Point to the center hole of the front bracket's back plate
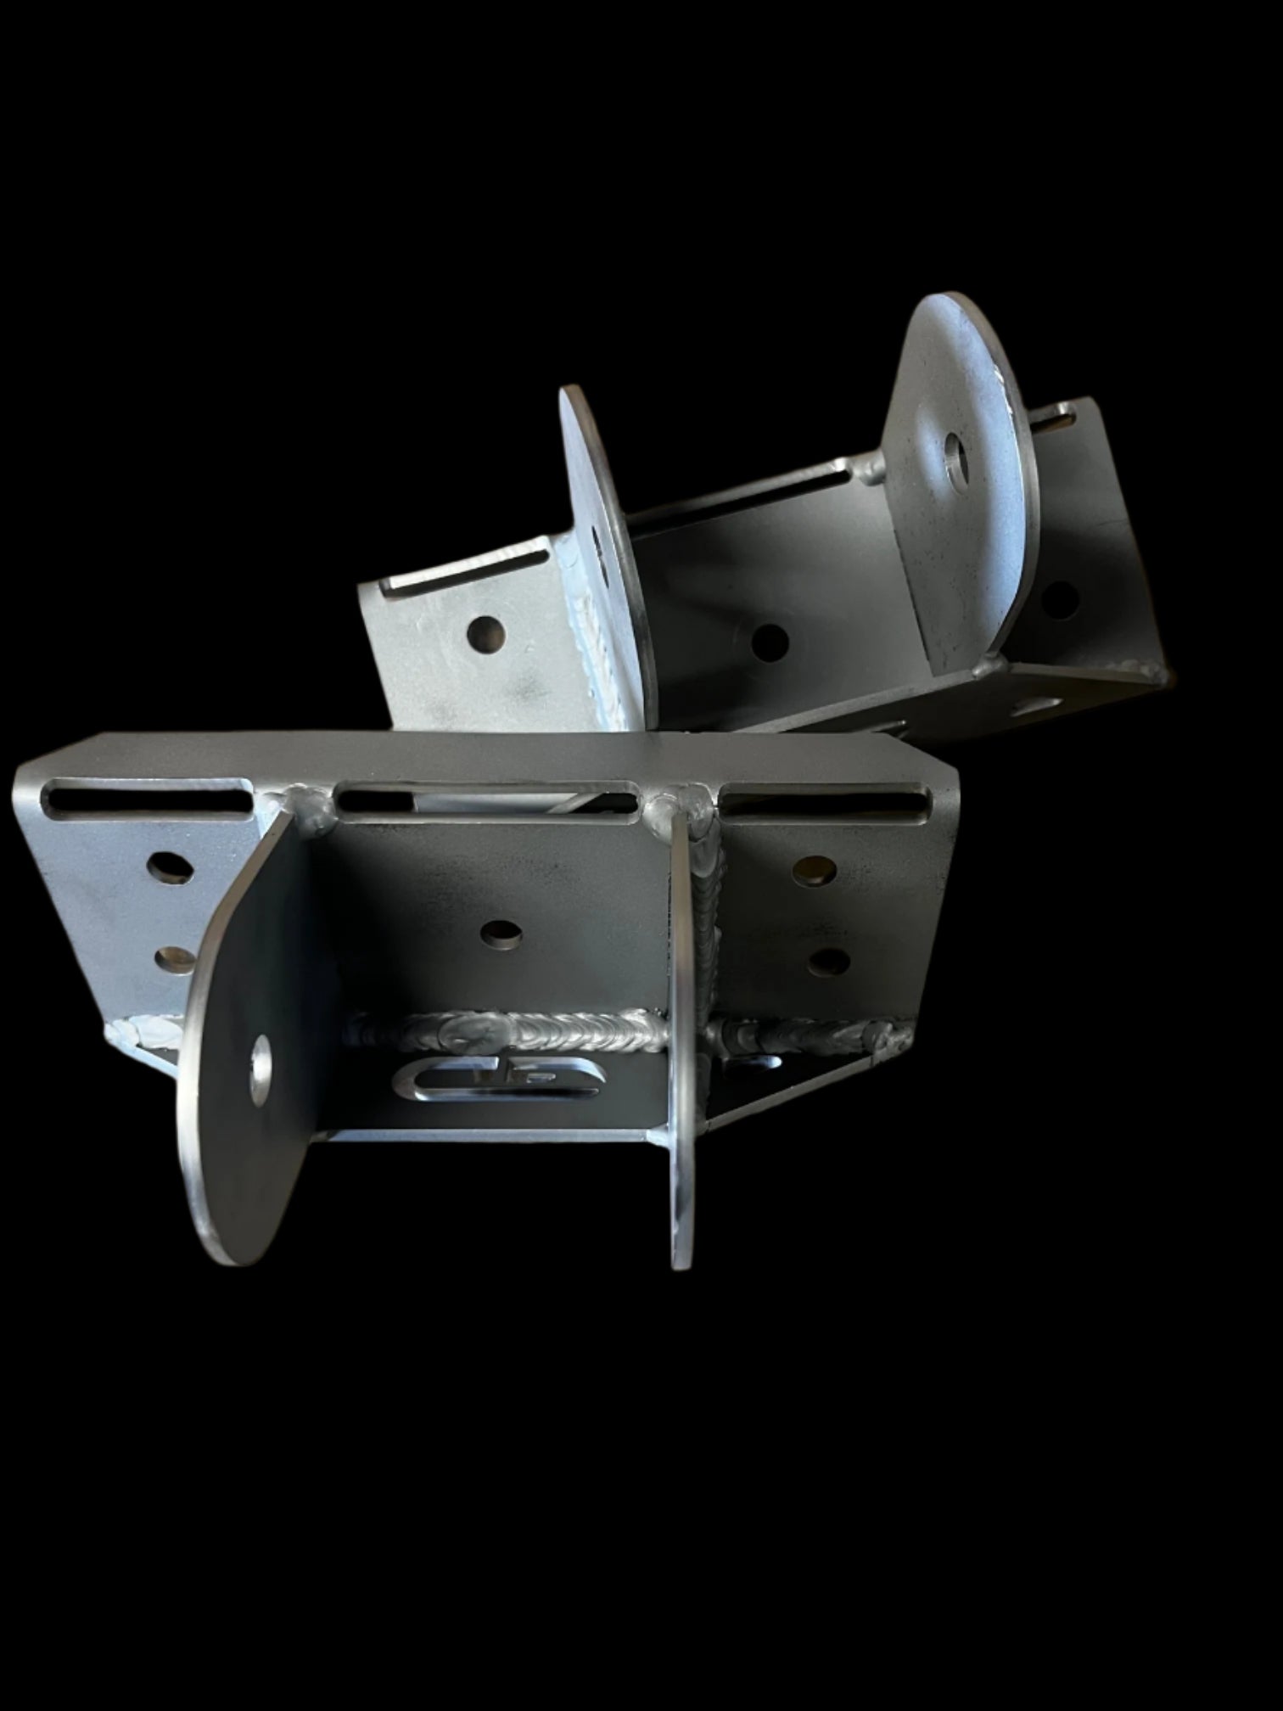coord(500,934)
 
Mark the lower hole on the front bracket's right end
coord(827,961)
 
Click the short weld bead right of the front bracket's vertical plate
coord(806,1031)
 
